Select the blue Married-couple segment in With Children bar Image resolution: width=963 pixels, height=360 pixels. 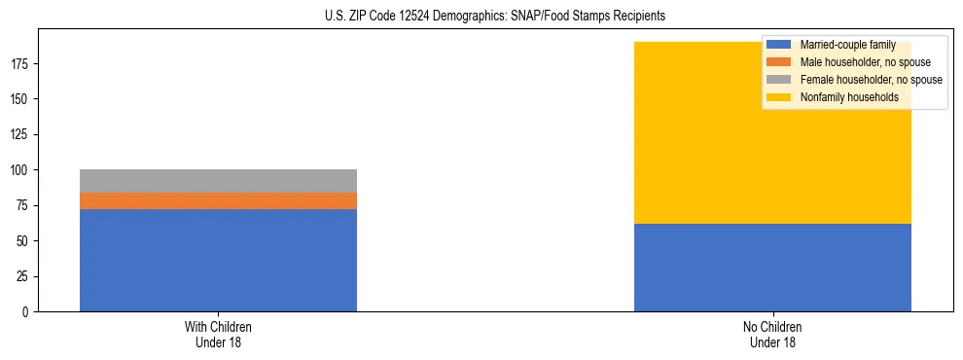pos(218,260)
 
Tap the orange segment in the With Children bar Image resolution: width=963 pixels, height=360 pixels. pos(218,200)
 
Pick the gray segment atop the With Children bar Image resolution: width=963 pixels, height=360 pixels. pos(218,181)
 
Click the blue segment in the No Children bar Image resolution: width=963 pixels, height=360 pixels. pos(772,268)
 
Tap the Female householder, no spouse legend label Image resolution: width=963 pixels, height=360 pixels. pos(871,80)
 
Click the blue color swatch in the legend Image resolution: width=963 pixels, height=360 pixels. pos(779,45)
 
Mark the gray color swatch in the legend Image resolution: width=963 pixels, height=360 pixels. pos(779,80)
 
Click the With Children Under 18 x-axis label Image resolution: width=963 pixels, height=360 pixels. pos(218,334)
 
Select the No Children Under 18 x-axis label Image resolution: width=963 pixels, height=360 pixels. pos(772,334)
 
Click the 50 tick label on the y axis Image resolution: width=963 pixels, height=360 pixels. pos(26,241)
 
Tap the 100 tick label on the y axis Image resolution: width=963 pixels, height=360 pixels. pos(23,170)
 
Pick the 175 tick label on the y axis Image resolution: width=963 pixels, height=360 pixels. pos(23,64)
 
